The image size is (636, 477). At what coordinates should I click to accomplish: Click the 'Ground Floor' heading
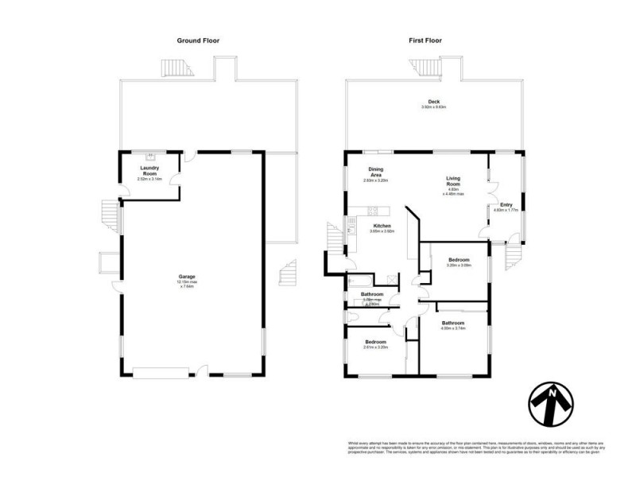coord(200,40)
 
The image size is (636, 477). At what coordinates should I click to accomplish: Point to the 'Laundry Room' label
coord(150,171)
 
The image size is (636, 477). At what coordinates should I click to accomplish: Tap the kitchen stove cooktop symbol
coord(371,211)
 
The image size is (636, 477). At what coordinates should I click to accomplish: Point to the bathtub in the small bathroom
coord(357,281)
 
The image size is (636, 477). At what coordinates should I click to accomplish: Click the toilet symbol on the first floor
coord(351,316)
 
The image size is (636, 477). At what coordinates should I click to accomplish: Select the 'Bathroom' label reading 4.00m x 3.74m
coord(453,325)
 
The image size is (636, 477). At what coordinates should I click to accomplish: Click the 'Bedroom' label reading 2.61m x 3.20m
coord(374,343)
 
